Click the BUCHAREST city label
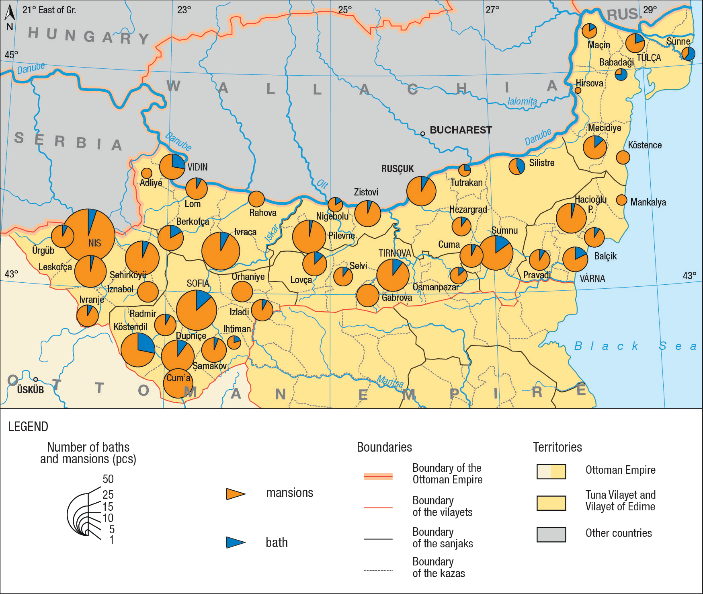[x=461, y=130]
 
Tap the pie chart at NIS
[x=89, y=235]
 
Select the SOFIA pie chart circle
[x=197, y=310]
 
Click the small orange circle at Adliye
[x=147, y=173]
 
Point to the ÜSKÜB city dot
[x=36, y=379]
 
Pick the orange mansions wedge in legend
[x=235, y=494]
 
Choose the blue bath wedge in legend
[x=235, y=542]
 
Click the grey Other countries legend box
[x=551, y=534]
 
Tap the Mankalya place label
[x=648, y=202]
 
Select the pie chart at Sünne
[x=688, y=54]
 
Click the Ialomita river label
[x=522, y=101]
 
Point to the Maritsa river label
[x=390, y=382]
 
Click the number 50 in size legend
[x=108, y=479]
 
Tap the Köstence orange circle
[x=623, y=157]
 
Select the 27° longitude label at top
[x=492, y=10]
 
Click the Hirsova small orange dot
[x=578, y=90]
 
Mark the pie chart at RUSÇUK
[x=421, y=191]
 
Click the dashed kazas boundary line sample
[x=378, y=570]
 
